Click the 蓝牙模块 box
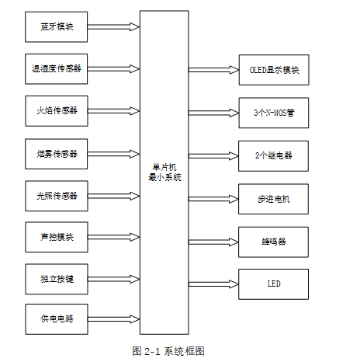57,27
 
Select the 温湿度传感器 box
57,69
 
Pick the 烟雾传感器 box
57,152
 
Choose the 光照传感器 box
57,194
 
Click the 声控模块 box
57,236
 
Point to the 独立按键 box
57,277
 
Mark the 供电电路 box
57,318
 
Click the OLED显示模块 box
274,70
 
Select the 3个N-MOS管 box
274,113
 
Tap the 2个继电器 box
274,155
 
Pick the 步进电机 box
274,198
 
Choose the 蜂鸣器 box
274,241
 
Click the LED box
274,284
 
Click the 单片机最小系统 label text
164,172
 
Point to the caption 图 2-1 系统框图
168,351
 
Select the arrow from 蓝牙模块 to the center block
113,27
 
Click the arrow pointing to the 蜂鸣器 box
213,241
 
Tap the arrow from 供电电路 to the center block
113,318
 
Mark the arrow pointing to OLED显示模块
213,70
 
